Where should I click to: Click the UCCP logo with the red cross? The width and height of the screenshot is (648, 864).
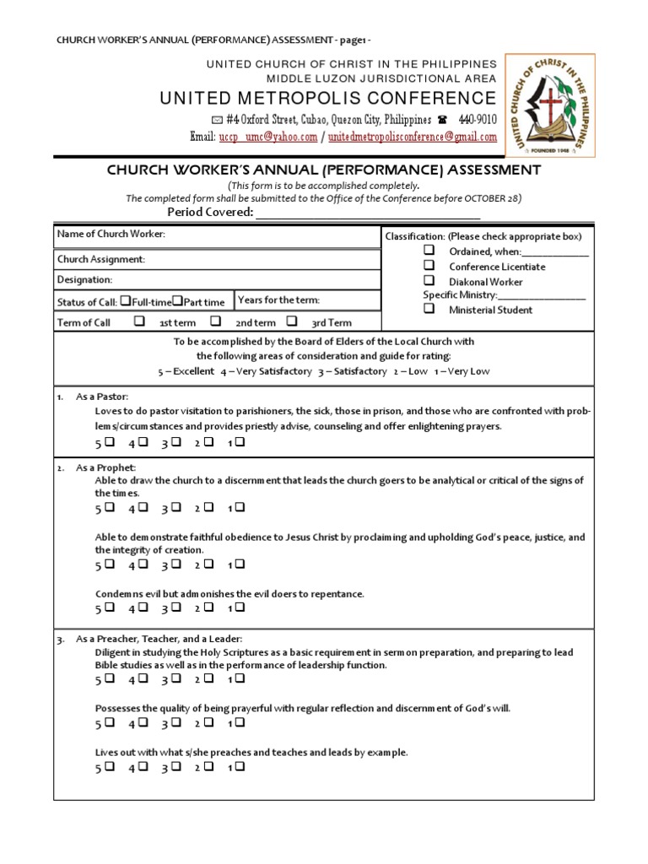coord(549,105)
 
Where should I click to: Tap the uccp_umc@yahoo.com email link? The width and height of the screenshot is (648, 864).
coord(268,138)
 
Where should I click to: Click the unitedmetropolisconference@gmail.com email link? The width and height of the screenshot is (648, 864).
coord(413,138)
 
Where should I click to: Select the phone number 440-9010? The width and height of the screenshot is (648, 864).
coord(478,120)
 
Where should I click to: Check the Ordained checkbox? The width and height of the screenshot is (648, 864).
coord(429,251)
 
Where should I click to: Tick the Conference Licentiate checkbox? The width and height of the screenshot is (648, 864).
coord(429,265)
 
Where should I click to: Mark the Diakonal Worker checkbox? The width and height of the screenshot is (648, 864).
coord(429,280)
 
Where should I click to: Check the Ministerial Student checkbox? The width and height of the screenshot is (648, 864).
coord(429,309)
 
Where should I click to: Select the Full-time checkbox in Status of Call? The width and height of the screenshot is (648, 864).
coord(125,300)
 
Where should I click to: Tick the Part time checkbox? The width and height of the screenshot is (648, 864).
coord(177,300)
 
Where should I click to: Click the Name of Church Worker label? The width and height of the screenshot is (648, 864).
coord(111,234)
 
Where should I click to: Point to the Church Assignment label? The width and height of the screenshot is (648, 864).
coord(100,259)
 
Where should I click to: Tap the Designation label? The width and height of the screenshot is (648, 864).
coord(84,279)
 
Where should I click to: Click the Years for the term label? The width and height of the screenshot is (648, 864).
coord(279,300)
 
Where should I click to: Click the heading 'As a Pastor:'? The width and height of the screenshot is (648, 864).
coord(102,397)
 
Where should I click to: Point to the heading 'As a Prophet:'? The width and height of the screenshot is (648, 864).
coord(105,467)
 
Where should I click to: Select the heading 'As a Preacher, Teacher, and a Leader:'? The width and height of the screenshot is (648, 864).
coord(159,639)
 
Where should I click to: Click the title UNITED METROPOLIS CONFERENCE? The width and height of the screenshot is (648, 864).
coord(328,98)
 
